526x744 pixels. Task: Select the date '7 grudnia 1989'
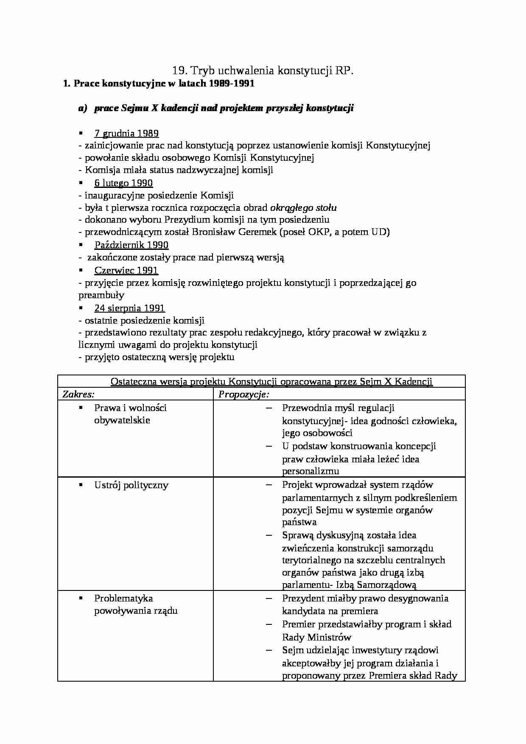(x=126, y=133)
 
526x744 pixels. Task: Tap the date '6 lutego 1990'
(x=123, y=183)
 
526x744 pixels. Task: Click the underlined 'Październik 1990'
(x=131, y=245)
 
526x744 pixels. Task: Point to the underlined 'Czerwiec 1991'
(x=126, y=270)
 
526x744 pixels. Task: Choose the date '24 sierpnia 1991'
(x=129, y=308)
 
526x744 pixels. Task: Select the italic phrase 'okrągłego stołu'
(x=303, y=207)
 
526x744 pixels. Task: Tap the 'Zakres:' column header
(x=78, y=394)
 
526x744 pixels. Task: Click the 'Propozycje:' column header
(x=244, y=394)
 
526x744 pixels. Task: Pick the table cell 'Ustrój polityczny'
(x=131, y=485)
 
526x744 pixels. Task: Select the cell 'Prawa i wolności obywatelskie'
(x=130, y=414)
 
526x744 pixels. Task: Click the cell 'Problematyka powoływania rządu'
(x=135, y=604)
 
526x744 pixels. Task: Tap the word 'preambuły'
(x=101, y=295)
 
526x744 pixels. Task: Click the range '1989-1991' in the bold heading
(x=232, y=83)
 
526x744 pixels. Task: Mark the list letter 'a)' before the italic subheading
(x=82, y=108)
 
